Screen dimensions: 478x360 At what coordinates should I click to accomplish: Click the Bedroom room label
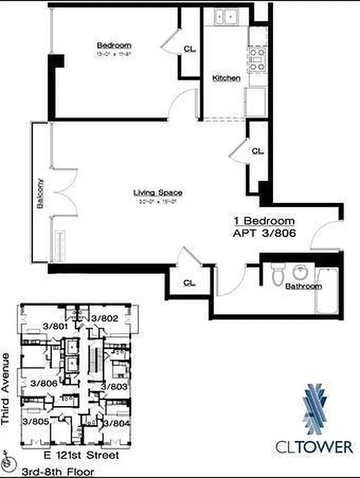(x=114, y=45)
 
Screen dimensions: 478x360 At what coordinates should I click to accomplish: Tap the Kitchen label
(x=227, y=78)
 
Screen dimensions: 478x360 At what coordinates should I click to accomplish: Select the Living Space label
(x=157, y=192)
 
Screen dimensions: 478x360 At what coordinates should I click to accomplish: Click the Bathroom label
(x=303, y=286)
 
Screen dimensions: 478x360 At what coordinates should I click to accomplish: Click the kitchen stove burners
(x=257, y=60)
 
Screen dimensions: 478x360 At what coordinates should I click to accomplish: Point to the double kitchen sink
(x=227, y=16)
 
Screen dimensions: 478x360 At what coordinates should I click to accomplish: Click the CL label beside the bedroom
(x=189, y=49)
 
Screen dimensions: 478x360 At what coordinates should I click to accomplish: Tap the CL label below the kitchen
(x=257, y=151)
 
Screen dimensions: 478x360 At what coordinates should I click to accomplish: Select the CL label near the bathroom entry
(x=188, y=283)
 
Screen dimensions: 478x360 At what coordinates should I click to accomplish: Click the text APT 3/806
(x=264, y=235)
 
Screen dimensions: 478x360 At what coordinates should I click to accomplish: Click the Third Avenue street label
(x=6, y=388)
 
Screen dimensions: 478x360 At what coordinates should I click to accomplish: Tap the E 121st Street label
(x=79, y=455)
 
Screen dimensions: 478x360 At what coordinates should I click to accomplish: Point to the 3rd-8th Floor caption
(x=58, y=472)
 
